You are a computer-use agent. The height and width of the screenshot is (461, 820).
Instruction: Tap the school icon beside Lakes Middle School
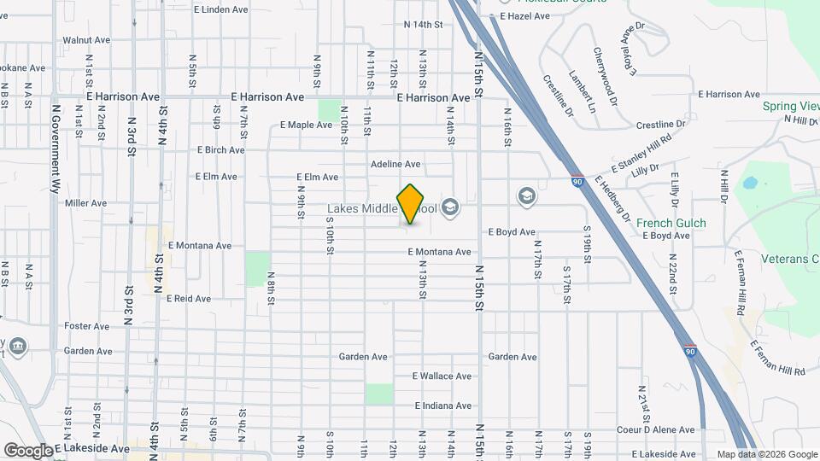click(x=450, y=207)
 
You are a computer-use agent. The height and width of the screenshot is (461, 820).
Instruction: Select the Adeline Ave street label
click(x=395, y=164)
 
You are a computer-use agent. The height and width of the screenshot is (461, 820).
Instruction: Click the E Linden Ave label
click(x=220, y=10)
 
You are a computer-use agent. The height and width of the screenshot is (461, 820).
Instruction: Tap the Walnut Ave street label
click(x=86, y=40)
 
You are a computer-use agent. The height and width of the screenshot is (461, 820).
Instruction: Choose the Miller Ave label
click(x=85, y=203)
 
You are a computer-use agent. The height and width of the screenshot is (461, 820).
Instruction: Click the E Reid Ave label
click(x=188, y=299)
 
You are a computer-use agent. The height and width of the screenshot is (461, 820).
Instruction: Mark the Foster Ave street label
click(x=86, y=326)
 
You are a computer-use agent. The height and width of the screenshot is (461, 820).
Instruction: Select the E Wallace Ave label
click(x=442, y=376)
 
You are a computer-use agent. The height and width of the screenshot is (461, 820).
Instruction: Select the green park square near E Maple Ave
click(x=329, y=109)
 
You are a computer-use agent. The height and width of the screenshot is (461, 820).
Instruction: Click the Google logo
click(x=28, y=451)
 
